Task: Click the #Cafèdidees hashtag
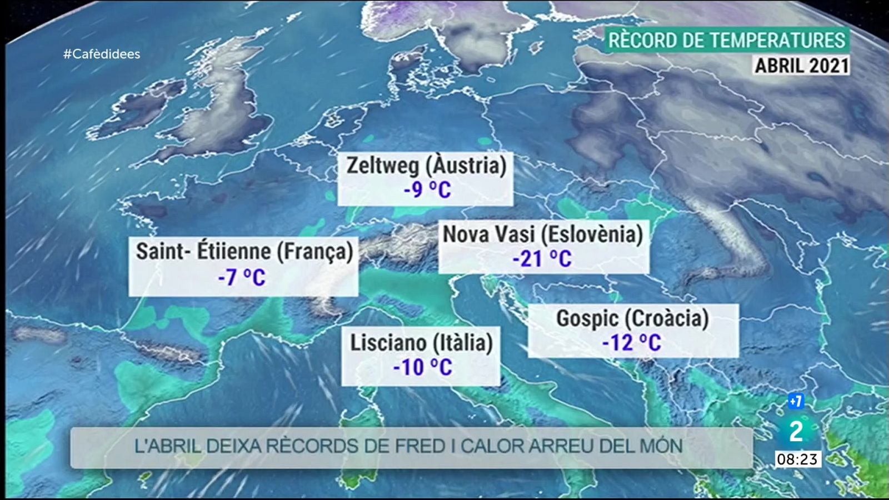pos(102,54)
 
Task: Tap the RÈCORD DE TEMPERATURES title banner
pos(726,41)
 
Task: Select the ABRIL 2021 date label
pos(801,66)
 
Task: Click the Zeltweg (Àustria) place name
pos(426,166)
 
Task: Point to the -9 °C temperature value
pos(427,190)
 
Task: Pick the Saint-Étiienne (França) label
pos(244,251)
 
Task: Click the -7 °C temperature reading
pos(242,277)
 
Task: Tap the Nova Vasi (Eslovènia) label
pos(542,234)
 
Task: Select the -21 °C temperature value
pos(542,259)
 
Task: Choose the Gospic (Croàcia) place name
pos(632,318)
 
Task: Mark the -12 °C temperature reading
pos(632,343)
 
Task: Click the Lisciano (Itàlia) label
pos(421,343)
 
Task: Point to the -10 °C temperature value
pos(422,367)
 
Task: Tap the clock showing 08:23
pos(797,459)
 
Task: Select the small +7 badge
pos(796,401)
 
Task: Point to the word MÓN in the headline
pos(661,446)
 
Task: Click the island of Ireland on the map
pos(146,106)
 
